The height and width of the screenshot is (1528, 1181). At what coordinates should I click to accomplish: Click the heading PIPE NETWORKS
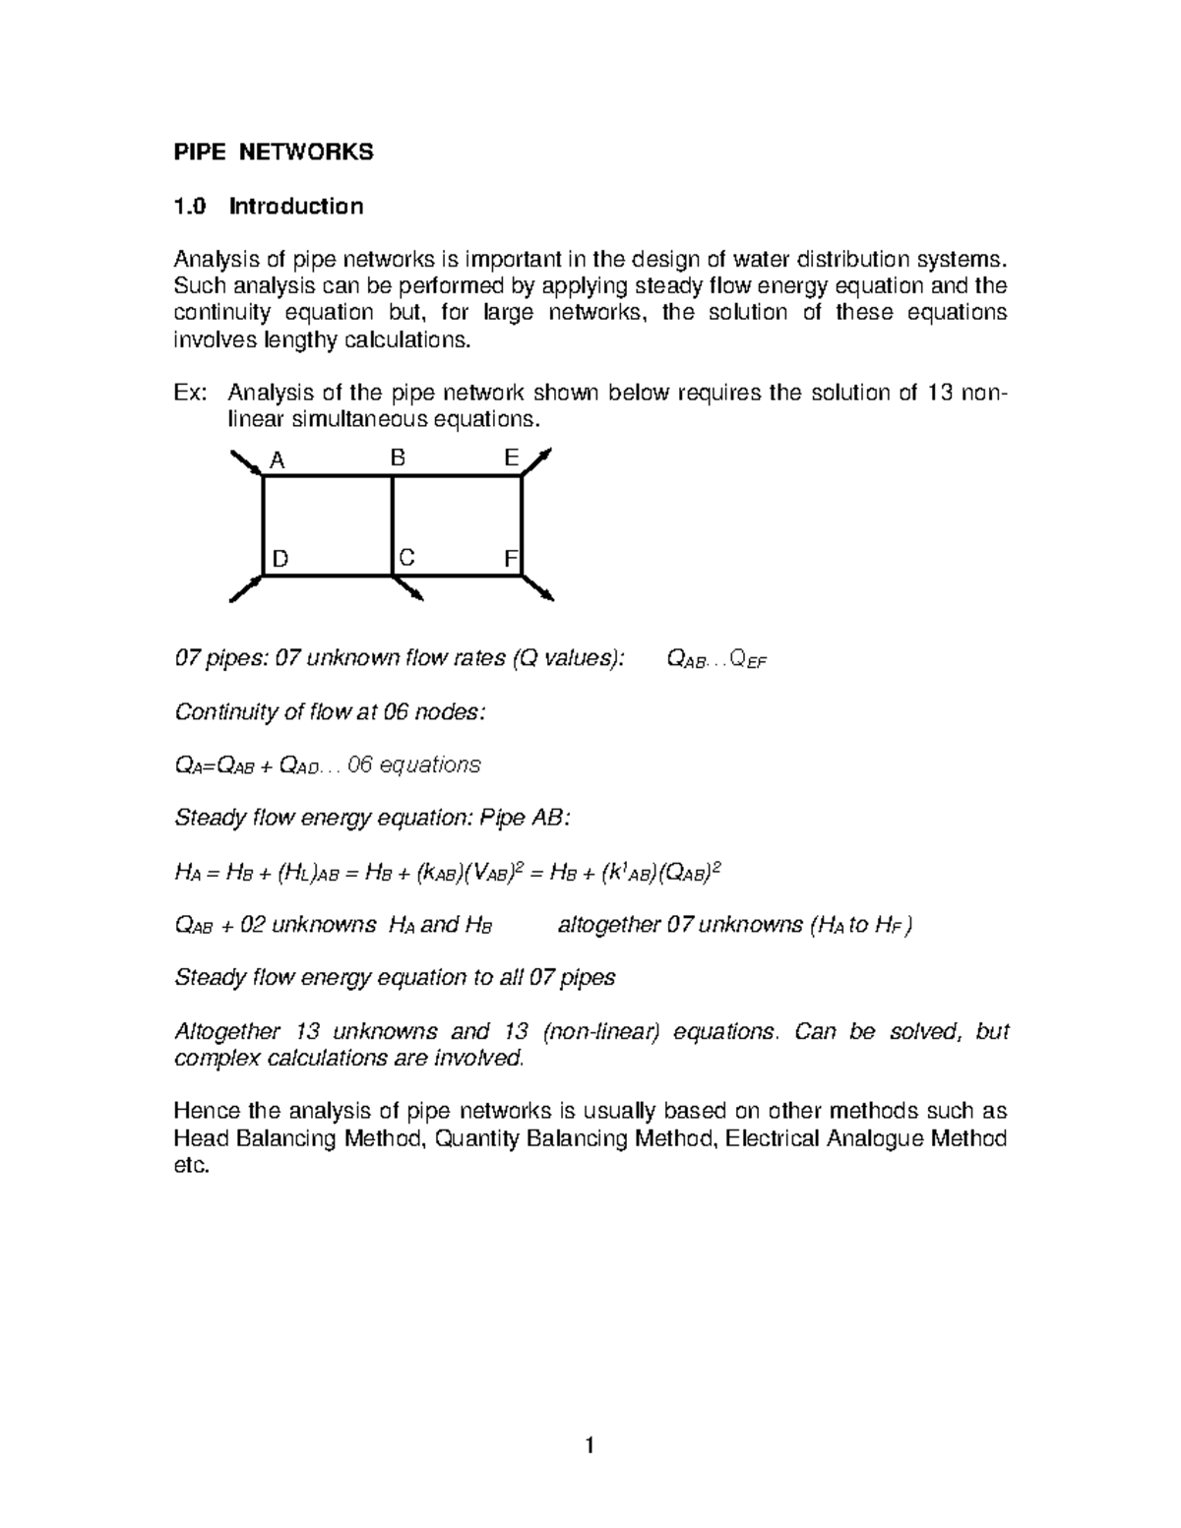pyautogui.click(x=274, y=153)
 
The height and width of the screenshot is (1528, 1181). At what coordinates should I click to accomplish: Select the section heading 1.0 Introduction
pyautogui.click(x=269, y=207)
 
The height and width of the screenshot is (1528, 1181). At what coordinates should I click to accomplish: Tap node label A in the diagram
pyautogui.click(x=278, y=459)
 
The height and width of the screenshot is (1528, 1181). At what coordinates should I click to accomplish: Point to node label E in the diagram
pyautogui.click(x=511, y=458)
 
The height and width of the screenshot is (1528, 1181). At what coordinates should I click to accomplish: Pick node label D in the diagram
pyautogui.click(x=280, y=559)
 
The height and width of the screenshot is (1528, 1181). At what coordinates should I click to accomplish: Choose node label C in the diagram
pyautogui.click(x=406, y=558)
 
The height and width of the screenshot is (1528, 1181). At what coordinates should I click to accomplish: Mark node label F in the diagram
pyautogui.click(x=510, y=559)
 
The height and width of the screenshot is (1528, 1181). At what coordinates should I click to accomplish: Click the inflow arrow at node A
pyautogui.click(x=246, y=463)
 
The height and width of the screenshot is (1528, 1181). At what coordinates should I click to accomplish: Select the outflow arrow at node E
pyautogui.click(x=537, y=461)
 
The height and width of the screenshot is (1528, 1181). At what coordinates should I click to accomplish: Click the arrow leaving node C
pyautogui.click(x=408, y=587)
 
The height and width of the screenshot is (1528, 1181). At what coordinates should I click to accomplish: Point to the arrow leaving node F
pyautogui.click(x=537, y=587)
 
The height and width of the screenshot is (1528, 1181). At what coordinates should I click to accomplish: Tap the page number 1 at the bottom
pyautogui.click(x=590, y=1445)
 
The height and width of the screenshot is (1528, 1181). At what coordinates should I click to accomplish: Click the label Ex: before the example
pyautogui.click(x=191, y=394)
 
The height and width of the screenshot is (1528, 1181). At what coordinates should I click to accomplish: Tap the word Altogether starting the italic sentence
pyautogui.click(x=226, y=1032)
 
